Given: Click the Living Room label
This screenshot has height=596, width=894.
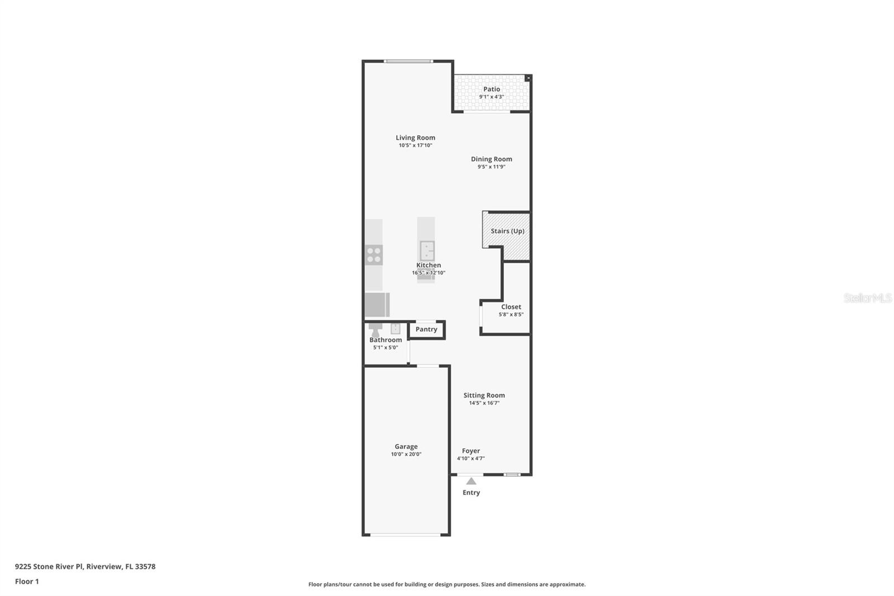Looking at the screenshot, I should tap(415, 138).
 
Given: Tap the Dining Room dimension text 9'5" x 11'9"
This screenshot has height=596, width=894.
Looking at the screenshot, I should tap(491, 167).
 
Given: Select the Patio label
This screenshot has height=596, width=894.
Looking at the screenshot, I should tap(492, 89).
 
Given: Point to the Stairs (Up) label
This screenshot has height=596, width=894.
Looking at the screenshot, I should tap(507, 231).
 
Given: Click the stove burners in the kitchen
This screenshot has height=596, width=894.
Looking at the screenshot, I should tap(374, 255).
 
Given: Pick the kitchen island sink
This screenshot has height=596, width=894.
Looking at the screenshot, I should tap(427, 250).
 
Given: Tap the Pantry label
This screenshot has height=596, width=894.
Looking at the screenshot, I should tap(426, 329).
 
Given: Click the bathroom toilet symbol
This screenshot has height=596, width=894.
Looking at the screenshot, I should tap(375, 330).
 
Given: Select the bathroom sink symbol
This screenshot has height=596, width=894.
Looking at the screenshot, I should tap(395, 329).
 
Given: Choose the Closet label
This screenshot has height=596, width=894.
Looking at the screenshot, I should tap(511, 307).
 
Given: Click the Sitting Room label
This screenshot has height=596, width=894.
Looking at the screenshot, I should tap(484, 395).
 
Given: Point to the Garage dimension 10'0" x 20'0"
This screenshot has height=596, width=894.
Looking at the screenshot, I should tap(406, 455).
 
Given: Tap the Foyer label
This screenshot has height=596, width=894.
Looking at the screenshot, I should tap(470, 451).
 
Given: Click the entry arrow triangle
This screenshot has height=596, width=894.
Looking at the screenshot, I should tap(471, 481).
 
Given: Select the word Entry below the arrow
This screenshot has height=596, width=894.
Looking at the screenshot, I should tap(471, 493).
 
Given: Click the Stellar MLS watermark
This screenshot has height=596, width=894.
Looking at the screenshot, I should tap(867, 298).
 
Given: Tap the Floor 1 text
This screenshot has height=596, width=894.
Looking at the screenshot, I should tap(27, 581).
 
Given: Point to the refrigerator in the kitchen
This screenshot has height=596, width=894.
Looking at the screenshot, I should tap(377, 305).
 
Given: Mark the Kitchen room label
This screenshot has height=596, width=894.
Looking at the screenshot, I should tap(429, 265).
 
